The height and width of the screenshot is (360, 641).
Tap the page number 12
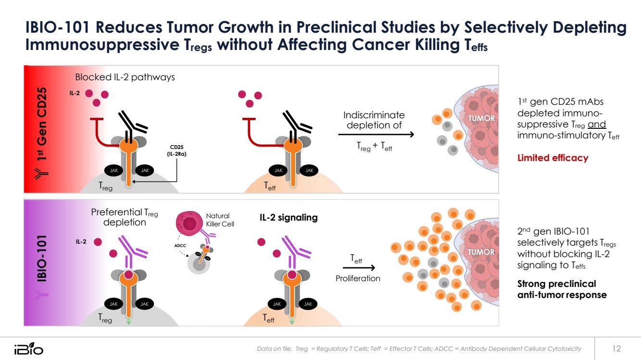616,348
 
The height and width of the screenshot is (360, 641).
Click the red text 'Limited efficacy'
553,158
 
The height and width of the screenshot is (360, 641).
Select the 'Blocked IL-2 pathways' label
125,77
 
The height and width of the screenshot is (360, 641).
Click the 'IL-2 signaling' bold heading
289,217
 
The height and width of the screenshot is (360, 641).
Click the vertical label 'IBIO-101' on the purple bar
42,258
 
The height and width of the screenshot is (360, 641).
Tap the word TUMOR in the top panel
481,118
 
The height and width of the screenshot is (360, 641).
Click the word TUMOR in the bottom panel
481,252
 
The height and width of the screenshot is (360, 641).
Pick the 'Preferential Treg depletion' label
125,217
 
